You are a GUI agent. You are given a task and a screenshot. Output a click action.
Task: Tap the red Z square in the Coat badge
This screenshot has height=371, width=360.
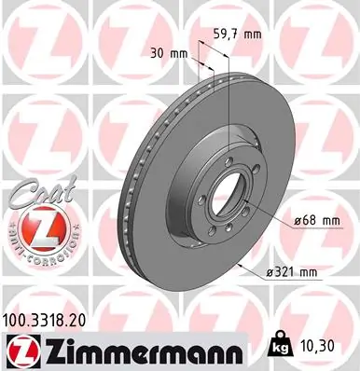tap(33, 224)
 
